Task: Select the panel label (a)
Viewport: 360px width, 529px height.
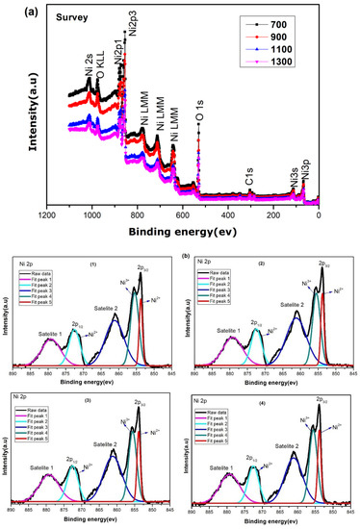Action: (16, 8)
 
